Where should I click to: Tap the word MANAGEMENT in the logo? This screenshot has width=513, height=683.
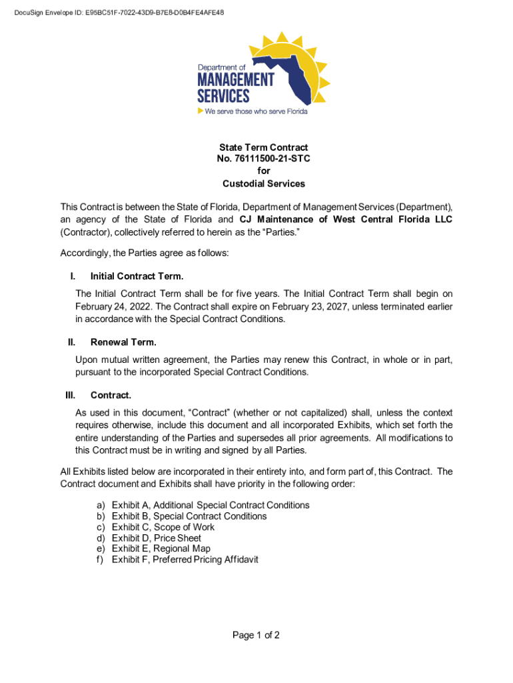pyautogui.click(x=235, y=81)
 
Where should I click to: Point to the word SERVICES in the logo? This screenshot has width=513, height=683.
pyautogui.click(x=223, y=96)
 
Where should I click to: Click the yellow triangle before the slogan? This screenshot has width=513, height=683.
pyautogui.click(x=200, y=111)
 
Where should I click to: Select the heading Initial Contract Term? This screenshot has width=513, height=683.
pyautogui.click(x=137, y=276)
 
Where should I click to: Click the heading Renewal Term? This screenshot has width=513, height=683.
pyautogui.click(x=123, y=343)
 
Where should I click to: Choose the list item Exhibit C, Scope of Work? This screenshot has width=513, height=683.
pyautogui.click(x=163, y=527)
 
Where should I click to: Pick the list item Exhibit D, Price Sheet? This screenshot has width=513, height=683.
pyautogui.click(x=157, y=538)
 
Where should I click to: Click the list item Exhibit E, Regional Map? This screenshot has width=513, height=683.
pyautogui.click(x=161, y=548)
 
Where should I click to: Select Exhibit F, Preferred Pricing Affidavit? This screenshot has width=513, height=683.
pyautogui.click(x=185, y=559)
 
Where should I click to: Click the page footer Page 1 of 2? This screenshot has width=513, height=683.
pyautogui.click(x=256, y=635)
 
